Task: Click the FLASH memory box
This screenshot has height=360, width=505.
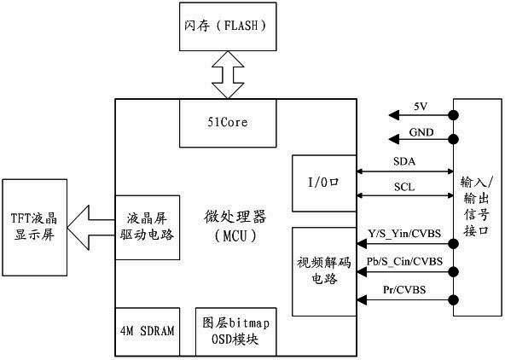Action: pos(228,26)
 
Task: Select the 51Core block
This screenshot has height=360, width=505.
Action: pos(228,123)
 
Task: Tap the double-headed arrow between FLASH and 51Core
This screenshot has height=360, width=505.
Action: pos(228,75)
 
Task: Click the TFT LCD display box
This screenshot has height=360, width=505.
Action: pos(35,227)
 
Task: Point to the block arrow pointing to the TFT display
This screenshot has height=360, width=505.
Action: pos(91,227)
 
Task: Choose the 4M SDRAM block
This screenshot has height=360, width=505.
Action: pos(148,332)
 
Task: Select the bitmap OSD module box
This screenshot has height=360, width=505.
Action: pos(235,332)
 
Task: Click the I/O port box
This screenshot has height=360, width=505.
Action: pos(324,183)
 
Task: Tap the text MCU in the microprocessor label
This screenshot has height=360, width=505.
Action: pos(235,236)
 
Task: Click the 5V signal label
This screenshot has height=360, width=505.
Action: pos(421,107)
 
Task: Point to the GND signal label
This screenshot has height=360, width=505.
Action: pos(421,132)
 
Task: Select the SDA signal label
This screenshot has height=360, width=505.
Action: pos(404,161)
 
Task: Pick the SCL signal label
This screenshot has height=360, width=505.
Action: pos(404,187)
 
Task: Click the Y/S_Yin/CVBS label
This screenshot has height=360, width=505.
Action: pos(404,233)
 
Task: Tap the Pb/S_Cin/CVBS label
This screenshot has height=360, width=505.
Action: pos(404,261)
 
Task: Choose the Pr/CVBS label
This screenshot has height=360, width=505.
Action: pos(404,289)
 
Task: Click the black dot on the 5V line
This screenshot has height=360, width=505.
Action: pos(454,114)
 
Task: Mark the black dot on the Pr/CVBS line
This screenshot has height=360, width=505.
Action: pos(454,299)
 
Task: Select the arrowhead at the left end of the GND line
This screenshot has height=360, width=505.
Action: pos(394,139)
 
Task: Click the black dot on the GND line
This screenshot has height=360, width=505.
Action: pos(454,139)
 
